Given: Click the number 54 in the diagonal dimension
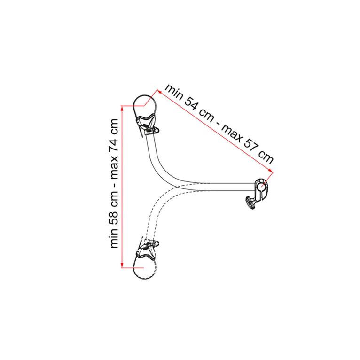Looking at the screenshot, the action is point(191,104).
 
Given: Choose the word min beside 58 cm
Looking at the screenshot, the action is point(114,239).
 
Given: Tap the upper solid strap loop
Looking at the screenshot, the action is point(145,105).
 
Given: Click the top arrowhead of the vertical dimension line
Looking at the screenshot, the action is point(122,108).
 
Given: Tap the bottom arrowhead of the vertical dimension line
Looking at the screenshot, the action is point(122,266).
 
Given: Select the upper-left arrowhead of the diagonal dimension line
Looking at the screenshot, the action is point(159,92).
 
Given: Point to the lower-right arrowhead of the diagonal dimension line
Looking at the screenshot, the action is point(270,170).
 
